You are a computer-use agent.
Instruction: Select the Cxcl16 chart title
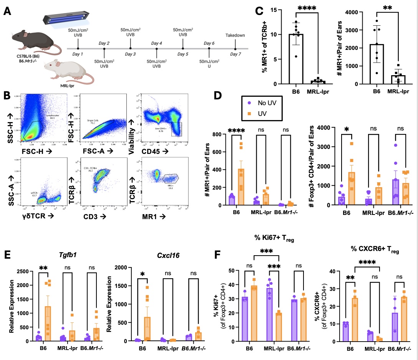tap(151, 256)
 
